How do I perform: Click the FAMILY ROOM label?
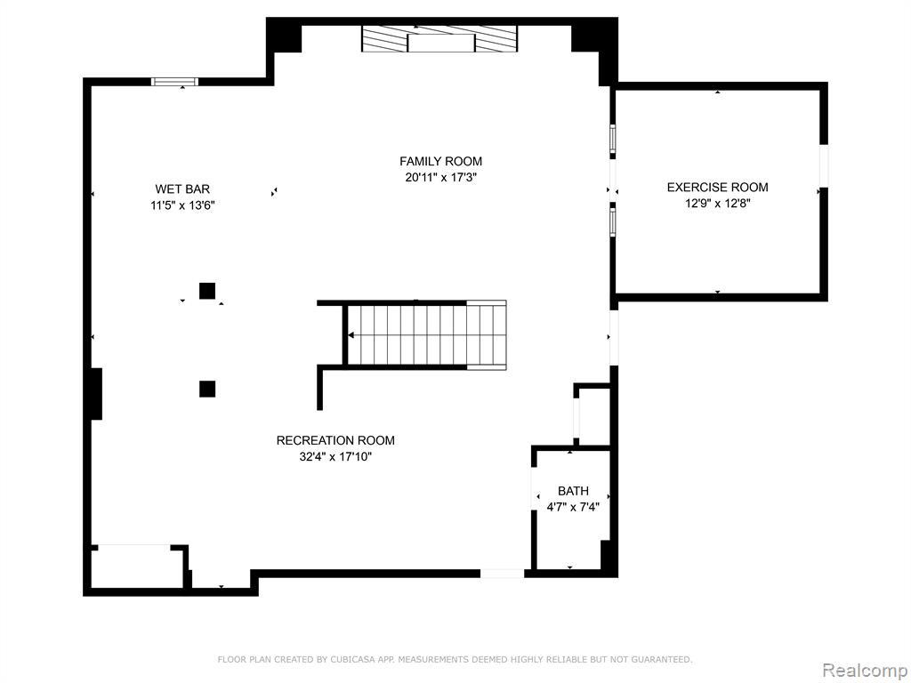pyautogui.click(x=440, y=161)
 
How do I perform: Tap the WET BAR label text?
pyautogui.click(x=182, y=189)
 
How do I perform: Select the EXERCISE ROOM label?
pyautogui.click(x=718, y=187)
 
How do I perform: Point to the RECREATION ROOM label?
pyautogui.click(x=335, y=440)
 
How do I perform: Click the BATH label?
pyautogui.click(x=573, y=491)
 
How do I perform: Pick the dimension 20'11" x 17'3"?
pyautogui.click(x=440, y=177)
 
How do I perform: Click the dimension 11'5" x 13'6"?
pyautogui.click(x=182, y=205)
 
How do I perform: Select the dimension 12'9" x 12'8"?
pyautogui.click(x=718, y=204)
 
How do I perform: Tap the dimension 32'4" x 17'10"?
pyautogui.click(x=335, y=456)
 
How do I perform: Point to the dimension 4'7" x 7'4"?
pyautogui.click(x=573, y=507)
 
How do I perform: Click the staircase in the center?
pyautogui.click(x=426, y=335)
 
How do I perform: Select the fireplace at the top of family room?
pyautogui.click(x=439, y=38)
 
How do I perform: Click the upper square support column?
pyautogui.click(x=207, y=291)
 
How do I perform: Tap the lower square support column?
pyautogui.click(x=207, y=389)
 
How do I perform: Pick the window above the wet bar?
pyautogui.click(x=175, y=81)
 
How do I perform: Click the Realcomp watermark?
pyautogui.click(x=865, y=670)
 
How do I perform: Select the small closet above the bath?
pyautogui.click(x=592, y=415)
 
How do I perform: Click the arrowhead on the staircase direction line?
pyautogui.click(x=351, y=335)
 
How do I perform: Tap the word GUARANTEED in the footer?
pyautogui.click(x=659, y=659)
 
